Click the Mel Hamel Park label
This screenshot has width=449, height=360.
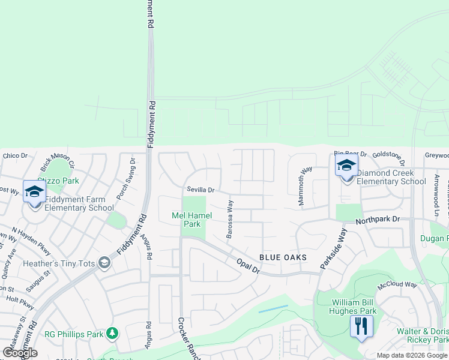191,220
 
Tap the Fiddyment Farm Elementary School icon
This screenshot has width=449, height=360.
34,192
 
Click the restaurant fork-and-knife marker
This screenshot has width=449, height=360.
361,326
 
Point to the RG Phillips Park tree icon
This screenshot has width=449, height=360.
112,332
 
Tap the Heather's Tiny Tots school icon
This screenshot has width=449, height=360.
104,263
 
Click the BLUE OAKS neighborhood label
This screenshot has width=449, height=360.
283,257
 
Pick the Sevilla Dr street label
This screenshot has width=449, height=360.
200,190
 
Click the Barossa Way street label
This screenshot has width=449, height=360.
229,220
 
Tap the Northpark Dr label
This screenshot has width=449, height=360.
377,220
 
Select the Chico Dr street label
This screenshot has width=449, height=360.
15,156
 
